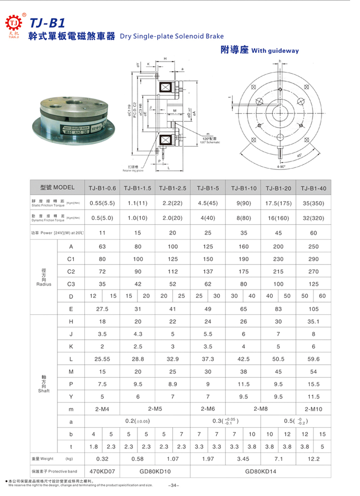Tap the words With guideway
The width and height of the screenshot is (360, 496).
coord(275,51)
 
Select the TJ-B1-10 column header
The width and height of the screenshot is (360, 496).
coord(244,188)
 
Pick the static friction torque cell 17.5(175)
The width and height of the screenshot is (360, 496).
coord(279,203)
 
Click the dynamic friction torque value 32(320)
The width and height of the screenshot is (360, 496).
coord(313,218)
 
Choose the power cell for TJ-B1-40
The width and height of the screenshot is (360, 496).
coord(313,233)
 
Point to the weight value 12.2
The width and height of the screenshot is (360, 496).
coord(313,458)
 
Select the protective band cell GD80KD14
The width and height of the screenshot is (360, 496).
coord(261,471)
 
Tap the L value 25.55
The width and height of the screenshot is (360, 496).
coord(102,359)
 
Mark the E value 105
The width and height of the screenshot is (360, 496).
coord(313,309)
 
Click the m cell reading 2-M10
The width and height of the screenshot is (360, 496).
coord(313,409)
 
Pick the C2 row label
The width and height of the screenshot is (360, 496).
coord(71,272)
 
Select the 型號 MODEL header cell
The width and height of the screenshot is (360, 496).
coord(57,187)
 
